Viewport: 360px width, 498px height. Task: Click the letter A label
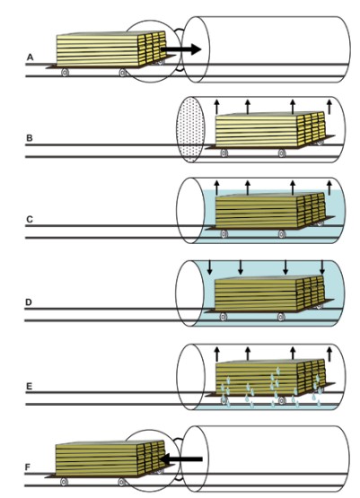tap(30, 57)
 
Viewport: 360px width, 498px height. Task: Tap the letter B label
tap(30, 138)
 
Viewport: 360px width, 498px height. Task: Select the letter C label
tap(30, 219)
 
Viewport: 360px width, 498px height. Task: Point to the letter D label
tap(29, 302)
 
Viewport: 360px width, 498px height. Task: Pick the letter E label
tap(29, 386)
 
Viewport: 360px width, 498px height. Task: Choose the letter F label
tap(28, 467)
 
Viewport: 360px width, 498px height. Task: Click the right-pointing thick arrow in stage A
tap(181, 49)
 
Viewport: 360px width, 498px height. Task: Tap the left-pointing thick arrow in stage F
tap(180, 459)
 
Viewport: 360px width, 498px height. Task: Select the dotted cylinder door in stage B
tap(189, 129)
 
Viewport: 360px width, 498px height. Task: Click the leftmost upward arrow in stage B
tap(216, 107)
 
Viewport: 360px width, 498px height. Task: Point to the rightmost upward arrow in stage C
tap(329, 188)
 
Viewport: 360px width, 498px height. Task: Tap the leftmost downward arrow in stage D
tap(209, 267)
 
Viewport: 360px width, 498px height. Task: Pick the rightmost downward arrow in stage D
tap(322, 267)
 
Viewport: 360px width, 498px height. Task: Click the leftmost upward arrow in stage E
tap(216, 354)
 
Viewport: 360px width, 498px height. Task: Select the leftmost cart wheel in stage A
tap(66, 73)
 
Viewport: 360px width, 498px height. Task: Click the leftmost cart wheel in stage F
tap(64, 482)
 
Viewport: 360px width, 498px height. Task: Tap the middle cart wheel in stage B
tap(282, 153)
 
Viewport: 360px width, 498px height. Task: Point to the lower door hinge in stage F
tap(180, 478)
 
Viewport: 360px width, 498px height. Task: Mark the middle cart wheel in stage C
tap(282, 234)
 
